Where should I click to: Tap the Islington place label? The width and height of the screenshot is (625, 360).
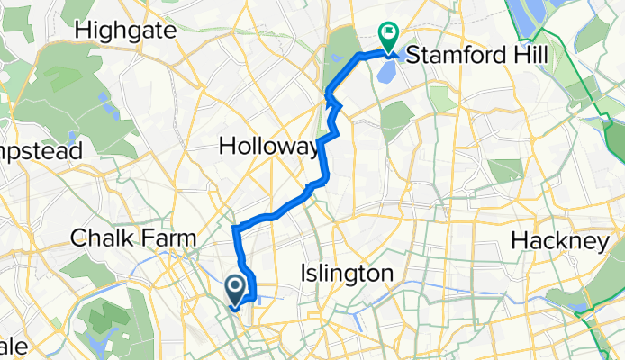(349, 273)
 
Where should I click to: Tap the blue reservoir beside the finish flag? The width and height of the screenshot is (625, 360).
(389, 68)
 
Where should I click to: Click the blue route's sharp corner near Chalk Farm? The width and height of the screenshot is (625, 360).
(236, 227)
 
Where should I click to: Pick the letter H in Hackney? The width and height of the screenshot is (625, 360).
(520, 241)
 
